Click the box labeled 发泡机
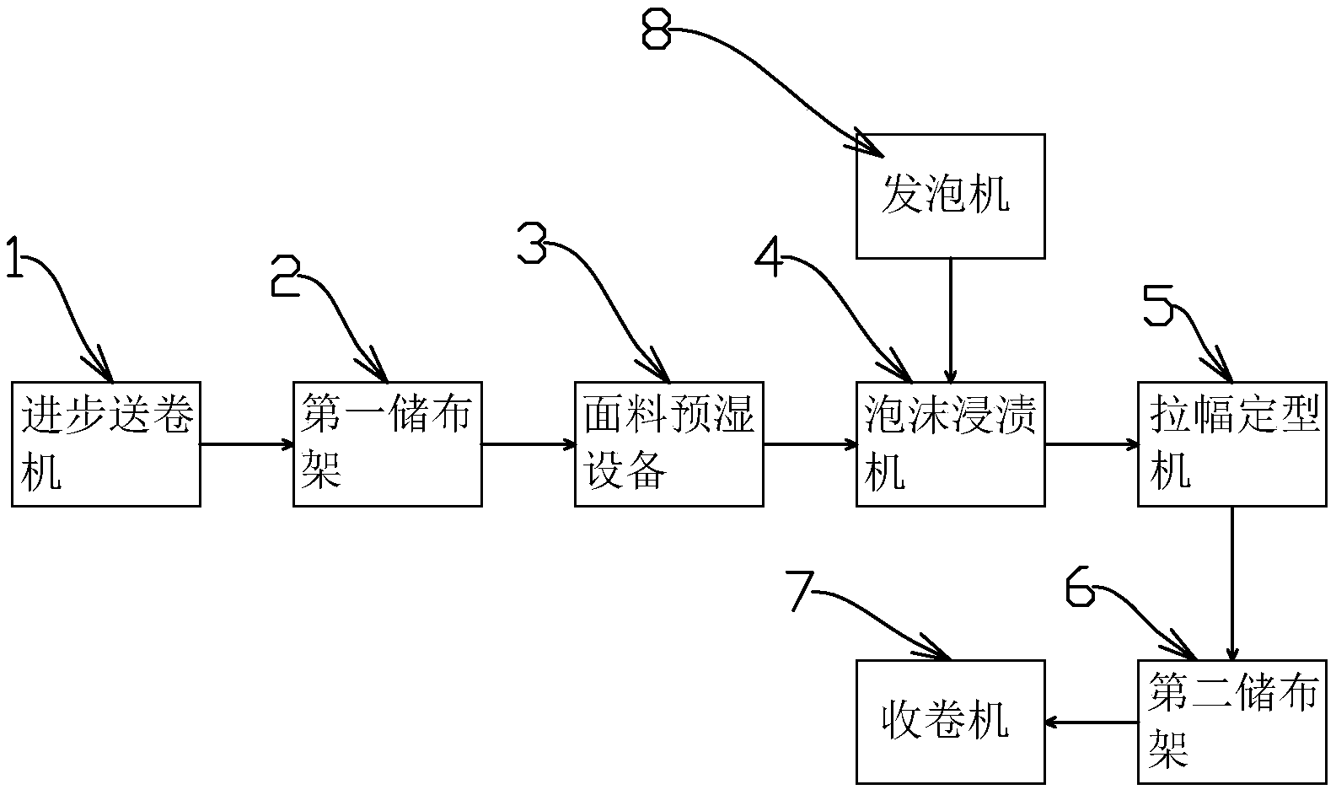pos(950,196)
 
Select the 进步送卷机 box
pos(105,443)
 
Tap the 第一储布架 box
pos(387,443)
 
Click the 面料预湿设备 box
pos(668,443)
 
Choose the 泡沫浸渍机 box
pos(950,443)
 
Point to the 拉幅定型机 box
pos(1231,443)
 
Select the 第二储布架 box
pos(1231,721)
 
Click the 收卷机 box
pos(950,721)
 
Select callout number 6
pos(1080,585)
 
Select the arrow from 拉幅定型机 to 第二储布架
pos(1232,582)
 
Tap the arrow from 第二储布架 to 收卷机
pos(1091,722)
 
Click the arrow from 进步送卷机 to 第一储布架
pos(246,443)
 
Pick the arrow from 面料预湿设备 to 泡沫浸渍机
pos(809,443)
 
